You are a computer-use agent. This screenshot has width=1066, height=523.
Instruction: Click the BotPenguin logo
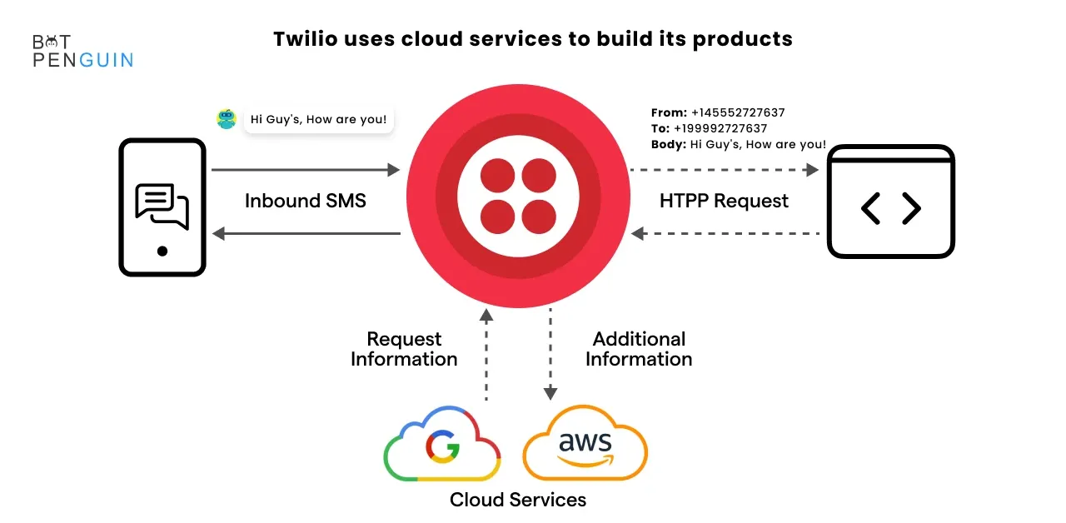82,51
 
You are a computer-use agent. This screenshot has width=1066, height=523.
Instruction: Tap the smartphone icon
162,207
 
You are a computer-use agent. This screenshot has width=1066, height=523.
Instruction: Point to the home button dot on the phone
162,251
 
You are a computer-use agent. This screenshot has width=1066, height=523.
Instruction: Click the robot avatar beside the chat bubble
226,119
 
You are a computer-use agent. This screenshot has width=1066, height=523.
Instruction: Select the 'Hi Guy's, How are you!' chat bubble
318,119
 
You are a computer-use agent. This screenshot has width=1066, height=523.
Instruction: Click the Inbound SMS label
306,201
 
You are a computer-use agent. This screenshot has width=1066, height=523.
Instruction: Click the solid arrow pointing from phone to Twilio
306,169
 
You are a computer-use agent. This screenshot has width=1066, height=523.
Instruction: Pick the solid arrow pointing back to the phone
306,234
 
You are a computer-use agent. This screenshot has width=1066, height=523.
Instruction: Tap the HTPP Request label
724,201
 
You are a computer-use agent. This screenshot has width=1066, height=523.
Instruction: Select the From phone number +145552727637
738,112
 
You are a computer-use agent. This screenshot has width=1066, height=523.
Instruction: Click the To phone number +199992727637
720,128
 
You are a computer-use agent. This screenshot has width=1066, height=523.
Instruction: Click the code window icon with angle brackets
891,202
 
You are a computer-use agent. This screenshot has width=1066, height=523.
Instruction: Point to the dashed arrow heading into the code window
725,170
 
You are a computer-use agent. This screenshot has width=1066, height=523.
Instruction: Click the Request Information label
404,349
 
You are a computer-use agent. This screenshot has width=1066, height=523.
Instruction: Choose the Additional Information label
639,349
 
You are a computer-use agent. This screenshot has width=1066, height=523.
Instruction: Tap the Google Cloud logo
442,444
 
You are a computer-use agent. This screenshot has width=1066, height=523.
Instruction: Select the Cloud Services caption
518,500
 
